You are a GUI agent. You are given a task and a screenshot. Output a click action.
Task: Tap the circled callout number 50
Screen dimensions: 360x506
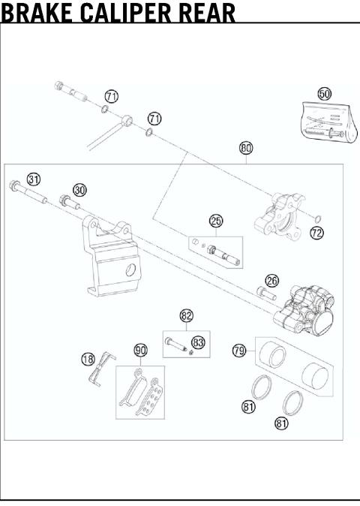(x=324, y=94)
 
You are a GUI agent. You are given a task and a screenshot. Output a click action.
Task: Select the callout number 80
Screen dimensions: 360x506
(x=246, y=148)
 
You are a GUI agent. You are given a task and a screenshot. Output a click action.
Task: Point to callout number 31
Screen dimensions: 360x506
(x=34, y=179)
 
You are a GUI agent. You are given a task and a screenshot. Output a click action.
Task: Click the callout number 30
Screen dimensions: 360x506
(x=79, y=190)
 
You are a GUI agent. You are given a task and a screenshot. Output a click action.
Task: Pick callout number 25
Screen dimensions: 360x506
(x=216, y=221)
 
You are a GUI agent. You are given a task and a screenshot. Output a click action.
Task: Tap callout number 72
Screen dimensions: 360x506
(x=316, y=233)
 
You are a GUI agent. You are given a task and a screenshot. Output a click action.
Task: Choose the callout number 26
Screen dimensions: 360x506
(x=272, y=281)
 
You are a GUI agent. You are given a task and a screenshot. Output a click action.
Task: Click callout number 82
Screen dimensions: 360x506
(x=186, y=315)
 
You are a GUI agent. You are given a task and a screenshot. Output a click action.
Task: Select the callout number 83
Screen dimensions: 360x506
(x=198, y=342)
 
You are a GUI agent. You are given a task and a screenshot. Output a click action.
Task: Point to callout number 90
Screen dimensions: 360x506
(x=140, y=350)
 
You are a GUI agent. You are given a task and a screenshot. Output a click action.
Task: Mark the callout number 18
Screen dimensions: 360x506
(x=88, y=359)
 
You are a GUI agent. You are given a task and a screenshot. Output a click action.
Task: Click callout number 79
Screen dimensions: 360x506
(x=239, y=350)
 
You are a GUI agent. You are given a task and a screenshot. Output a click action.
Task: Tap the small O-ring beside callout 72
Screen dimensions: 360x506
(x=317, y=218)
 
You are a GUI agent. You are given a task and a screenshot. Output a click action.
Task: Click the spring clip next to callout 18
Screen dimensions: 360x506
(x=102, y=368)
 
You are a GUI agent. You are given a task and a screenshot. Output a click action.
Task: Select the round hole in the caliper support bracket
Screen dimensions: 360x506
(x=130, y=270)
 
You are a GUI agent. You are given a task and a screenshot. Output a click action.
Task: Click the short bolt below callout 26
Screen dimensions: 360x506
(x=266, y=293)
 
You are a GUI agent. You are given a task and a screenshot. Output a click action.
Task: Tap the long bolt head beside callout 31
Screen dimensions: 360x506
(x=13, y=185)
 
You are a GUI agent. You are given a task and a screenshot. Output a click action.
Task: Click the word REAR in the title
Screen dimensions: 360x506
(x=206, y=12)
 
